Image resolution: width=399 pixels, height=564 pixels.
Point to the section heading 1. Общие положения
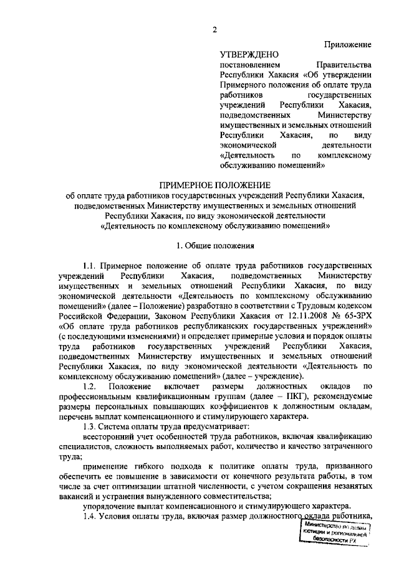click(x=214, y=245)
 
